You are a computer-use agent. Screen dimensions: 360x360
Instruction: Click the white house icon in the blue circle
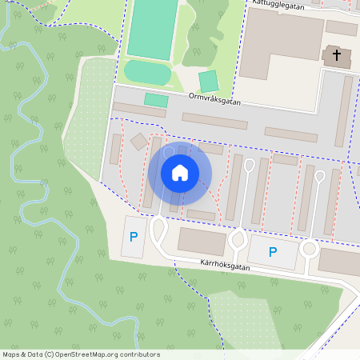(x=179, y=173)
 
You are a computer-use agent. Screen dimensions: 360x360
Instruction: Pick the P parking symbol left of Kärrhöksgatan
(x=134, y=237)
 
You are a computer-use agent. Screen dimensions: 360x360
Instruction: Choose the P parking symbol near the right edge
(x=273, y=252)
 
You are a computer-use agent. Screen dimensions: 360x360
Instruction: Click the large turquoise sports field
(x=152, y=28)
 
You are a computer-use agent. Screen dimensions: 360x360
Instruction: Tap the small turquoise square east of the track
(x=209, y=82)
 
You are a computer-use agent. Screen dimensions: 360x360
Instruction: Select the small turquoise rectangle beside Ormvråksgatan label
(x=156, y=100)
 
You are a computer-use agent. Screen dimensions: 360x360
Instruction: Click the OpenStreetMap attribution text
(x=81, y=354)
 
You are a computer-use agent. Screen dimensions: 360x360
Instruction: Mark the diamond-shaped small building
(x=138, y=142)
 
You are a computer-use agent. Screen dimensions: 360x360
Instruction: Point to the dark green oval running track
(x=147, y=73)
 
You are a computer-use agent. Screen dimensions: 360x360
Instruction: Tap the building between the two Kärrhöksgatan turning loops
(x=202, y=241)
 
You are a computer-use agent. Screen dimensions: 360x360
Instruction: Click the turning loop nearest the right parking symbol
(x=309, y=249)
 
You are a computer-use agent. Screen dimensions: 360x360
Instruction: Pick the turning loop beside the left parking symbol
(x=158, y=232)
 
